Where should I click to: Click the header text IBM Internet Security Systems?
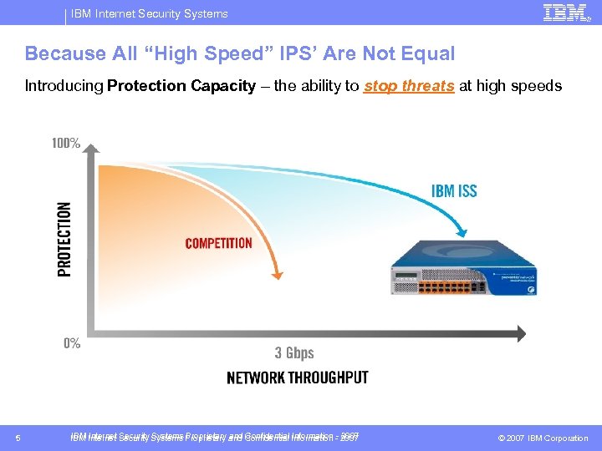[x=150, y=13]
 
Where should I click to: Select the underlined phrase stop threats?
[x=409, y=85]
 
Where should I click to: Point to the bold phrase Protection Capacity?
[x=181, y=85]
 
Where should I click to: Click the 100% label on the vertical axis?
[x=66, y=143]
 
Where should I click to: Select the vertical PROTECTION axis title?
[x=64, y=239]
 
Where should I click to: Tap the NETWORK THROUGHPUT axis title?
[x=297, y=378]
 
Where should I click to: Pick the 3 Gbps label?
[x=294, y=352]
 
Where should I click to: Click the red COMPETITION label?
[x=218, y=243]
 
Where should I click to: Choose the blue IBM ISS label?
[x=454, y=190]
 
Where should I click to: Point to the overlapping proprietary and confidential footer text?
[x=215, y=437]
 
